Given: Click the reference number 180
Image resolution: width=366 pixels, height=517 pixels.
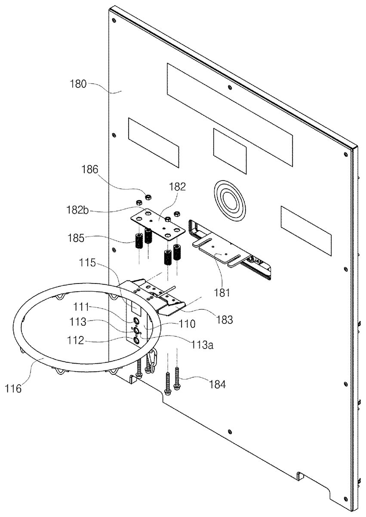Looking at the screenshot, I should (x=79, y=84).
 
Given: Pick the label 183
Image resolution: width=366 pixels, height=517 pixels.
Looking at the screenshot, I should (x=225, y=320).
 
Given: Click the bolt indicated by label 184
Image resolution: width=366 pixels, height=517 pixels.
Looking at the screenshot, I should (x=177, y=380).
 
